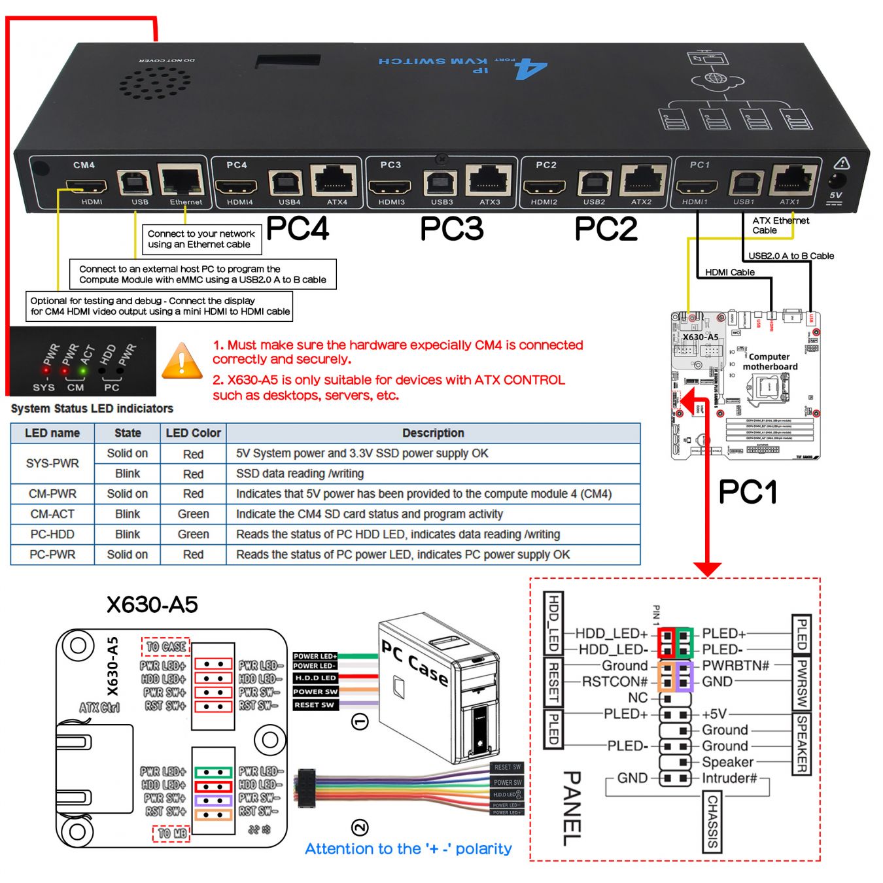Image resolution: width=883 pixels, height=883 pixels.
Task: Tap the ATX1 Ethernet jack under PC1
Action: tap(792, 179)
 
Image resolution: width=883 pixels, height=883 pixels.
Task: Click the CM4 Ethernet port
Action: tap(181, 180)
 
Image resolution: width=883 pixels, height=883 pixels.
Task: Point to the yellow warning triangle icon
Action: tap(182, 362)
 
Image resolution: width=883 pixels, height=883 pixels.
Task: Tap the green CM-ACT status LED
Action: tap(82, 372)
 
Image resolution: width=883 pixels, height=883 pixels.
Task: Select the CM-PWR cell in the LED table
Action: tap(52, 494)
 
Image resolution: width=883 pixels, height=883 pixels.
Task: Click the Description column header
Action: tap(433, 433)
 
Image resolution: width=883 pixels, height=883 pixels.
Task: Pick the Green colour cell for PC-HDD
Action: tap(193, 534)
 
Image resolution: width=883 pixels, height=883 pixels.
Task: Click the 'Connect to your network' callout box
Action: tap(201, 239)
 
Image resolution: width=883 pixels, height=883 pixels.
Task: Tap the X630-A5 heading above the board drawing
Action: tap(152, 604)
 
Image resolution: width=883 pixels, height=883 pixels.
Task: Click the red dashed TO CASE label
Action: tap(166, 647)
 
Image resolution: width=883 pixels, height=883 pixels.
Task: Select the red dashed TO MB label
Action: tap(171, 833)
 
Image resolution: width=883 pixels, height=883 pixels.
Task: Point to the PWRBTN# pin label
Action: tap(735, 666)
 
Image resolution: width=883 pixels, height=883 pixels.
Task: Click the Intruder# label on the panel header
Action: tap(729, 778)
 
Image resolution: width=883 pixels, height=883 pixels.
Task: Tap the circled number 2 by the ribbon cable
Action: tap(360, 827)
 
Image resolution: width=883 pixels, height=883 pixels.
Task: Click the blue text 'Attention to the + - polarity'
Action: tap(408, 849)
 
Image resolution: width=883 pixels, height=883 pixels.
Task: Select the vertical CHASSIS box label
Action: tap(712, 822)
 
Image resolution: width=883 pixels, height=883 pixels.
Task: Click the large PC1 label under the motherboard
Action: tap(748, 492)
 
